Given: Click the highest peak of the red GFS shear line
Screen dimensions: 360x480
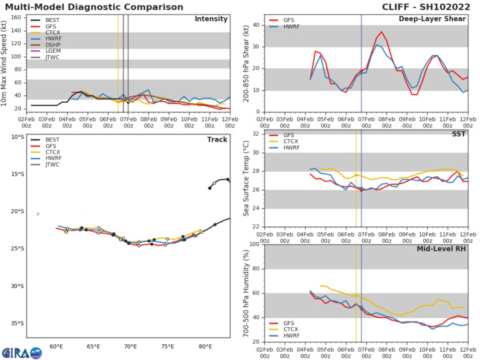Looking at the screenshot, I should tap(382, 32).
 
